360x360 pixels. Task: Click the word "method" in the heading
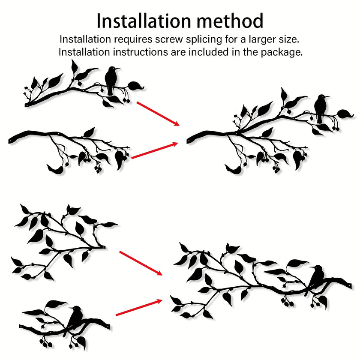tap(230, 21)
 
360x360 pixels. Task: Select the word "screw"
tap(169, 39)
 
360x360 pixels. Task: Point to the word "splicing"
tap(204, 39)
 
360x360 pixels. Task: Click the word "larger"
tap(263, 39)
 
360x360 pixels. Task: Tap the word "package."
tap(282, 53)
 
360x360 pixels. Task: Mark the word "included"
tap(209, 52)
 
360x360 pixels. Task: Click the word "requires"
tap(133, 40)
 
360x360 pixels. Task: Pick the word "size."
tap(289, 39)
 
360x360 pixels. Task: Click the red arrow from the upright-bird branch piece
tap(158, 114)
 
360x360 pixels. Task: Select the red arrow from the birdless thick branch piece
tap(155, 150)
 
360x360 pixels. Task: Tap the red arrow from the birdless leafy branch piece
tap(141, 263)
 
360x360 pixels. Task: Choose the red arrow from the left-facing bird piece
tap(139, 307)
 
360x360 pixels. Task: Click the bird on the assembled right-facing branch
tap(320, 108)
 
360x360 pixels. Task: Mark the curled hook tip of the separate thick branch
tap(49, 166)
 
